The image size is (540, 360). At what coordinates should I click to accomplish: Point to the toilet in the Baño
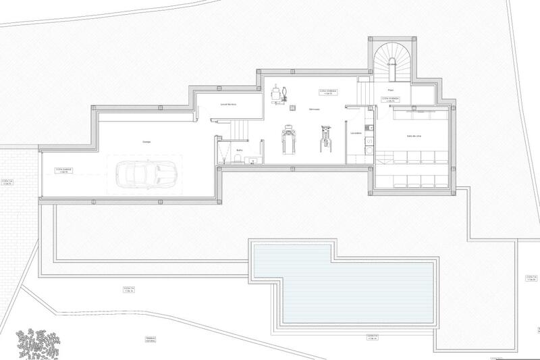click(239, 159)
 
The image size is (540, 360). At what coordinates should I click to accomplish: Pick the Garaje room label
click(146, 142)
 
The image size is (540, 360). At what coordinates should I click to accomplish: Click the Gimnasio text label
click(314, 109)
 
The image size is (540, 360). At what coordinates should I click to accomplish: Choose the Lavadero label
click(356, 133)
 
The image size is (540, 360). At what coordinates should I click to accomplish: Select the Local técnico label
click(227, 105)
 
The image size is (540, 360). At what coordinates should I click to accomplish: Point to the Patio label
click(390, 90)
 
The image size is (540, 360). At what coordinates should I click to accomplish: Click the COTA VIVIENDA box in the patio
click(391, 99)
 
